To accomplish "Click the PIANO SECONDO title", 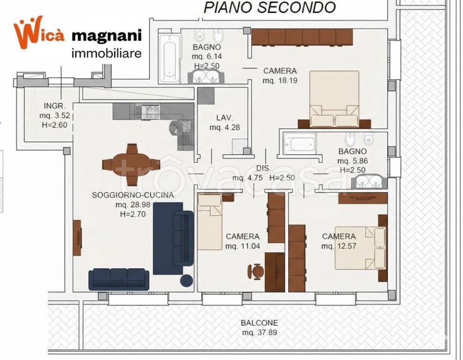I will (x=270, y=7).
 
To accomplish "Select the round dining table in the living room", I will (x=131, y=165).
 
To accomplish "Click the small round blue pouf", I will (x=187, y=280).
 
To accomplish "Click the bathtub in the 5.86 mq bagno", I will (x=300, y=144).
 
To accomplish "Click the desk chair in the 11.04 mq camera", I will (x=256, y=271).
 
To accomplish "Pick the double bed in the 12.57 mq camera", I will (x=360, y=248).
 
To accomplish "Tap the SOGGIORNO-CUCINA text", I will (x=133, y=195).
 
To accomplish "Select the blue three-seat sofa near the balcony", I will (x=119, y=279).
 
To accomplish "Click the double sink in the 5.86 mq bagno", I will (x=370, y=181).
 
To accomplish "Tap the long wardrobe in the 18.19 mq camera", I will (x=302, y=37).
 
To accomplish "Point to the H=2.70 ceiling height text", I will (x=133, y=213).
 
